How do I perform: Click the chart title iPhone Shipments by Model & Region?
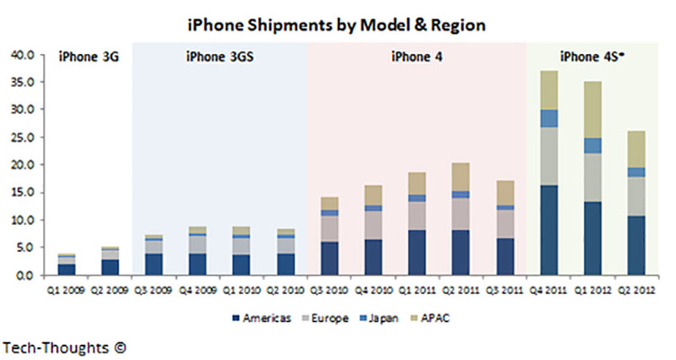[x=337, y=25]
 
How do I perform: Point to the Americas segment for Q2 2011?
[x=459, y=253]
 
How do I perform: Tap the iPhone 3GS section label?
[x=218, y=57]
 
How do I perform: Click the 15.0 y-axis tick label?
[x=22, y=193]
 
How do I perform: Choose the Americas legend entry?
[x=262, y=317]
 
